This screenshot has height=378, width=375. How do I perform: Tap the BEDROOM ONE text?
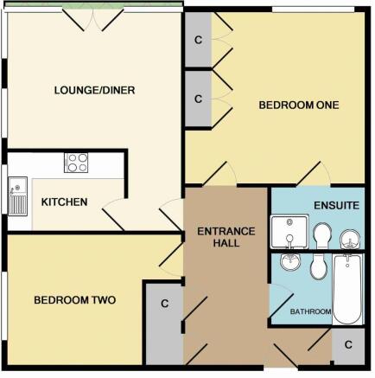coord(298,105)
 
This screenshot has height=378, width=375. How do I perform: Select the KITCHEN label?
coord(64,202)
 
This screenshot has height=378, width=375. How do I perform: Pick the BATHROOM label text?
coord(311,311)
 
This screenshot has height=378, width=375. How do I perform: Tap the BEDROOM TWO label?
coord(74,300)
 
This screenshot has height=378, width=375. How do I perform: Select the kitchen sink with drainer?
coord(17,197)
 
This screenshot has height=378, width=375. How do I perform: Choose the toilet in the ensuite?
coord(322,234)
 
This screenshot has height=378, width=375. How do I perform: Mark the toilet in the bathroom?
coord(317,266)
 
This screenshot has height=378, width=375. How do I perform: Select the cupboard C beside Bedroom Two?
coord(162,304)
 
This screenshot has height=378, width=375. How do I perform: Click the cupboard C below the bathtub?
coord(347,344)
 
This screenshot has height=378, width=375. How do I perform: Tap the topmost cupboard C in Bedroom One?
coord(198,40)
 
